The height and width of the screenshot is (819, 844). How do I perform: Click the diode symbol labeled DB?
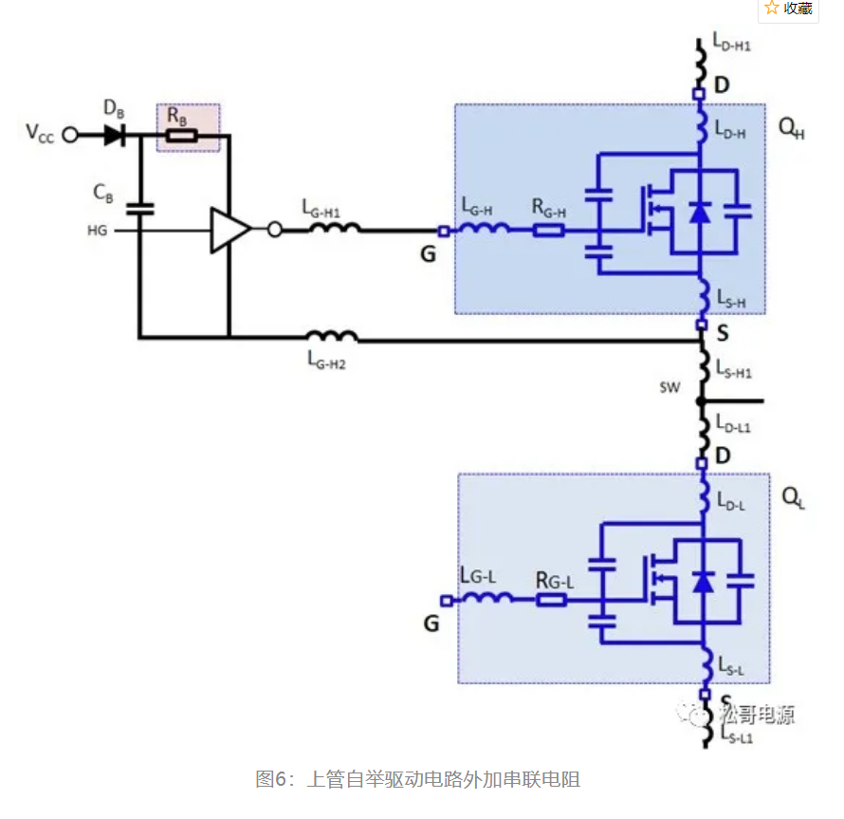pyautogui.click(x=115, y=136)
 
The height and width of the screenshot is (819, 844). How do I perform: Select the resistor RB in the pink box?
pyautogui.click(x=182, y=136)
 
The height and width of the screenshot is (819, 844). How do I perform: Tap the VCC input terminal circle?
pyautogui.click(x=69, y=136)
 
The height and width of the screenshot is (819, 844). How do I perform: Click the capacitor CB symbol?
pyautogui.click(x=139, y=207)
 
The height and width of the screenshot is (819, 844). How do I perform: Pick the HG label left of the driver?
pyautogui.click(x=98, y=231)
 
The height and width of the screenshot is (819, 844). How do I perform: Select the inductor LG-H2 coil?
pyautogui.click(x=332, y=336)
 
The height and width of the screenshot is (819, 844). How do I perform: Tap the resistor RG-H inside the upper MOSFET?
pyautogui.click(x=549, y=230)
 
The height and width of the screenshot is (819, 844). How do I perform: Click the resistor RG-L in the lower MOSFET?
pyautogui.click(x=551, y=600)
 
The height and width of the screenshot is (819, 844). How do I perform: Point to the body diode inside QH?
pyautogui.click(x=699, y=212)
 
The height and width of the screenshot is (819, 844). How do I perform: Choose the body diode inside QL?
pyautogui.click(x=703, y=582)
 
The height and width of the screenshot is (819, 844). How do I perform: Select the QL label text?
pyautogui.click(x=794, y=498)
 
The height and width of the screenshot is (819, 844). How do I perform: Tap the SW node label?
pyautogui.click(x=668, y=388)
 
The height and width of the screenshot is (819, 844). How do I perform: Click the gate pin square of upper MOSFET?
pyautogui.click(x=443, y=231)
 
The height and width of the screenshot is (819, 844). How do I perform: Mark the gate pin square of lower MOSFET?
pyautogui.click(x=444, y=600)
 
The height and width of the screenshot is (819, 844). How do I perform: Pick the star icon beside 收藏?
pyautogui.click(x=772, y=9)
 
